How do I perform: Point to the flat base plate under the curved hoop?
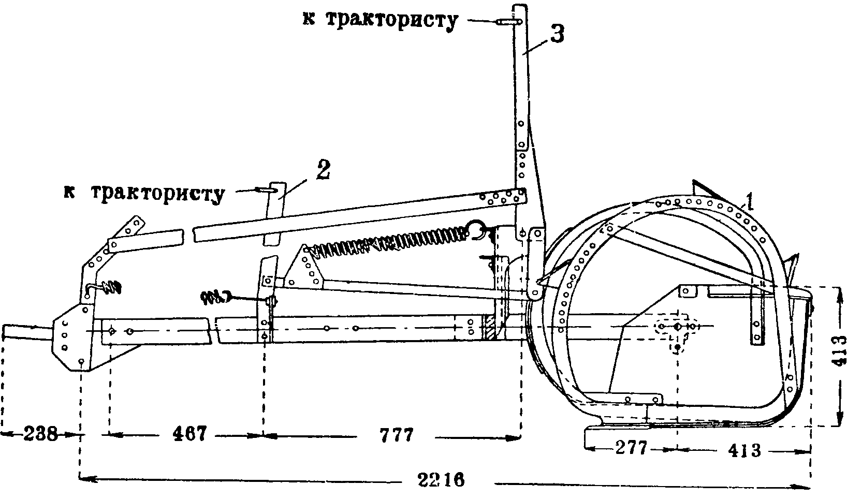point(616,435)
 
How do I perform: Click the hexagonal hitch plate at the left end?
point(71,336)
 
